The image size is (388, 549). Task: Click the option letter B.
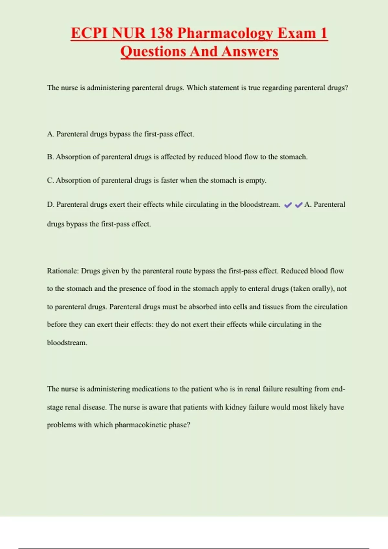tap(50, 157)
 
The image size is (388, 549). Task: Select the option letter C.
tap(50, 180)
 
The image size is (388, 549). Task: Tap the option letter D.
tap(50, 204)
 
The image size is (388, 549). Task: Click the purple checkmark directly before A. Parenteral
tap(299, 205)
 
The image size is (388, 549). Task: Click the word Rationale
tap(63, 271)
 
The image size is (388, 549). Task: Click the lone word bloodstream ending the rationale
tap(67, 343)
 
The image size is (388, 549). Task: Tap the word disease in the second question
tap(94, 407)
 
